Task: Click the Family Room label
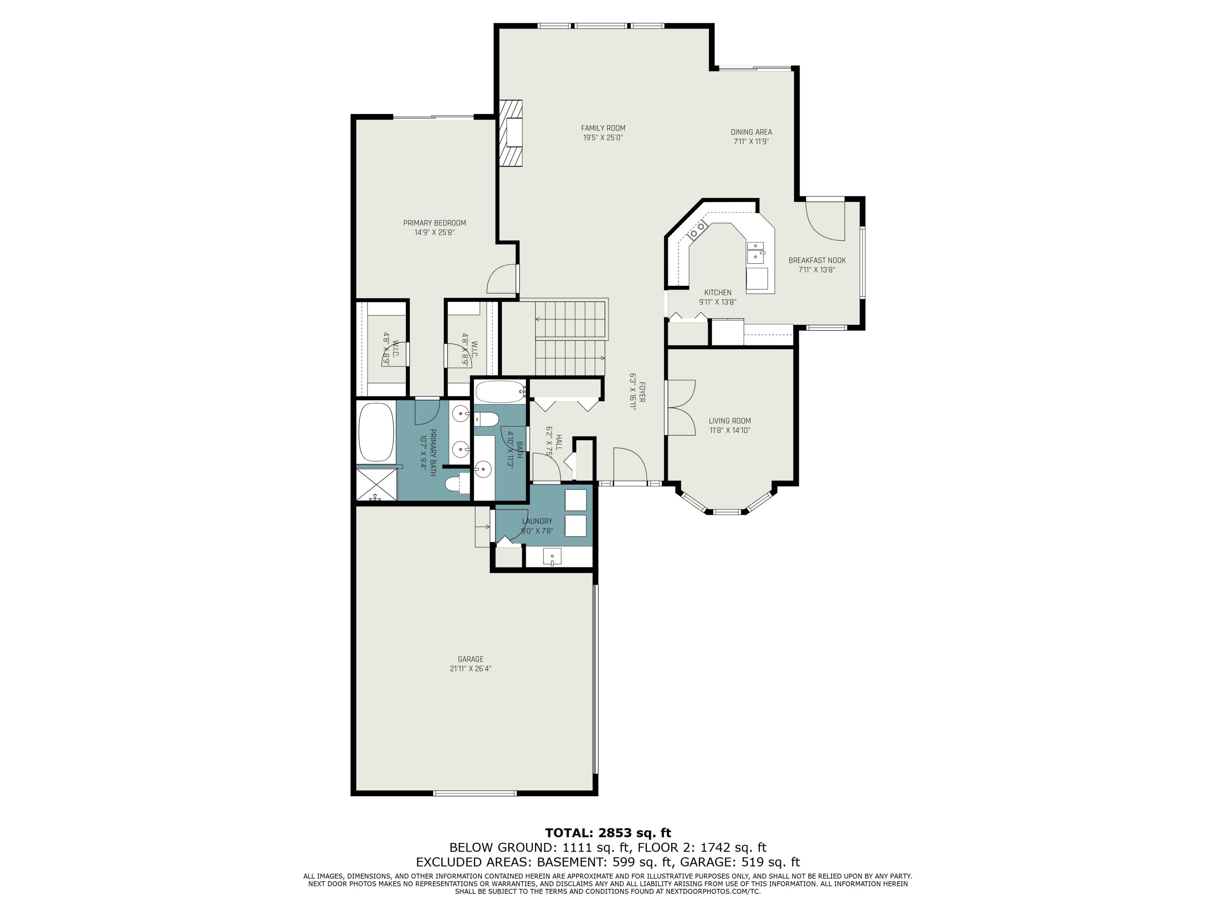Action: pos(603,128)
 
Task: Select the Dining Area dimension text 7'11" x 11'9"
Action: pos(751,141)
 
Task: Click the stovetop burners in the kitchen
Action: pos(698,230)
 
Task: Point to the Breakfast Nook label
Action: pos(817,260)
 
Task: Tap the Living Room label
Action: pos(730,421)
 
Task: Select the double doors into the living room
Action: pos(681,407)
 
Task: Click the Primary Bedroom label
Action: pos(434,223)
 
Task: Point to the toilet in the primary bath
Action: pos(456,484)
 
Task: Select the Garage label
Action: pos(470,659)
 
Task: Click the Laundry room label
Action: pos(537,521)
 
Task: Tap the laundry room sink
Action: pos(552,557)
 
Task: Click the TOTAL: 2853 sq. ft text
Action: pos(608,833)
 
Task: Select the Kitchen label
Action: pos(717,293)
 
